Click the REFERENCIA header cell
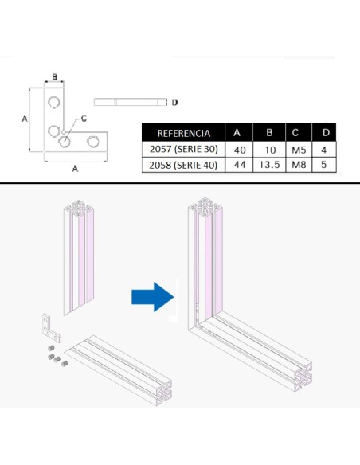[x=184, y=133]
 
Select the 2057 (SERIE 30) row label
[x=184, y=150]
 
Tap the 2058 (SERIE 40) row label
[x=184, y=166]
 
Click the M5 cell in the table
[x=296, y=150]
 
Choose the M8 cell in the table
[x=296, y=166]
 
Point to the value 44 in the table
[x=239, y=166]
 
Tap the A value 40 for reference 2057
[x=239, y=150]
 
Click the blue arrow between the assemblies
[x=151, y=297]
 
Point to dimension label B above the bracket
[x=54, y=77]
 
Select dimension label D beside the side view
[x=174, y=102]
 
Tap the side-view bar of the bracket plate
[x=127, y=102]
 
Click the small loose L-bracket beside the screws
[x=47, y=326]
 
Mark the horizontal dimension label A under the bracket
[x=75, y=168]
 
